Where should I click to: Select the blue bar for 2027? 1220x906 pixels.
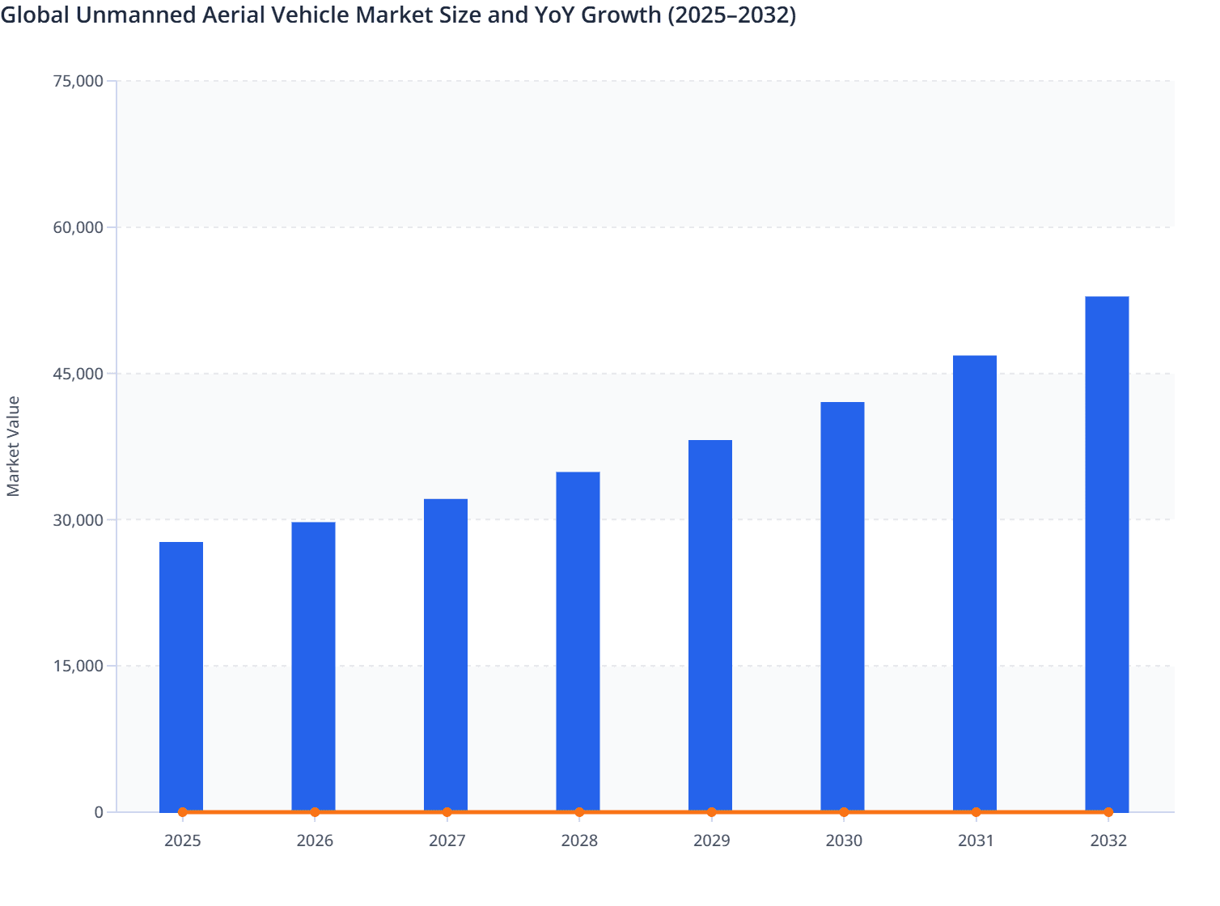(x=446, y=655)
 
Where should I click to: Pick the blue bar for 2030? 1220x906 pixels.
(x=842, y=607)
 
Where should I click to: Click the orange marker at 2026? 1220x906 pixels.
(x=315, y=812)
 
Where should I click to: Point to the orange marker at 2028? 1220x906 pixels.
(x=579, y=812)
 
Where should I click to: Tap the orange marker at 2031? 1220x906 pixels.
(x=976, y=812)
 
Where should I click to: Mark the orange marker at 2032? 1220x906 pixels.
(x=1108, y=812)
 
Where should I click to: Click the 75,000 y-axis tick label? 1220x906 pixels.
(x=78, y=81)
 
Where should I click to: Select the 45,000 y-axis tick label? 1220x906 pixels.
(x=78, y=374)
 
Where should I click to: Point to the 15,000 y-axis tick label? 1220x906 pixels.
(x=78, y=666)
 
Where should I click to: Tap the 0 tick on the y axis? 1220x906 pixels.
(x=99, y=812)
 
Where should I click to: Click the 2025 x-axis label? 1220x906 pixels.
(x=183, y=840)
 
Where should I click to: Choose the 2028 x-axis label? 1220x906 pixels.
(x=579, y=840)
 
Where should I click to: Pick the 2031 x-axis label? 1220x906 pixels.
(x=976, y=840)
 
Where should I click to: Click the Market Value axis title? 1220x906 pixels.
(x=14, y=446)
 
